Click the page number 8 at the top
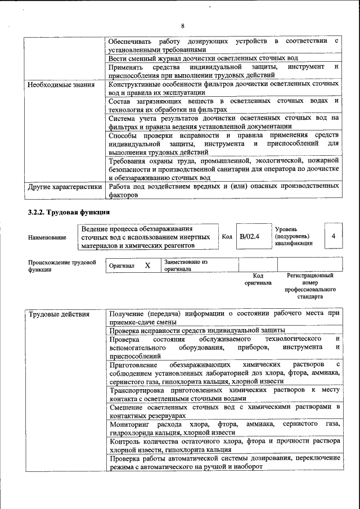pos(182,26)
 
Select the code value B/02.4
pos(249,237)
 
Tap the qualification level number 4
pos(334,236)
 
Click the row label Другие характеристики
pos(65,187)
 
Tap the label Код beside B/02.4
pos(227,237)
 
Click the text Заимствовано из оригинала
pos(186,265)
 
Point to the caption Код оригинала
pos(258,279)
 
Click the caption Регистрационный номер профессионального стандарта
pos(310,286)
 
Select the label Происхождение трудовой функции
pos(62,265)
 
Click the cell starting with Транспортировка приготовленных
pos(224,393)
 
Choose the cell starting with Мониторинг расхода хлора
pos(224,427)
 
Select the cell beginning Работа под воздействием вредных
pos(224,191)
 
